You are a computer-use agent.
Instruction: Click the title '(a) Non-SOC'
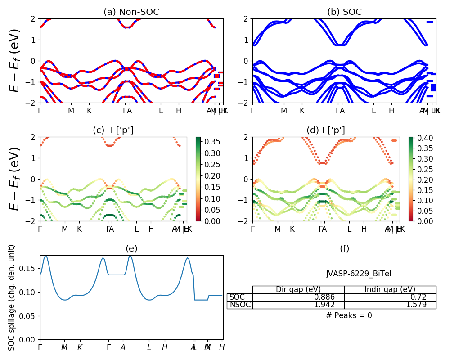(x=131, y=12)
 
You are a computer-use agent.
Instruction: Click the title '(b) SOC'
(x=344, y=12)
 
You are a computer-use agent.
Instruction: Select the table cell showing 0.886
(x=298, y=297)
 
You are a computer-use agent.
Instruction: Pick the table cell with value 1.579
(x=390, y=305)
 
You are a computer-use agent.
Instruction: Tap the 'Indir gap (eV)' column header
(x=390, y=289)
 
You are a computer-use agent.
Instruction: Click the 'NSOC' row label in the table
(x=240, y=305)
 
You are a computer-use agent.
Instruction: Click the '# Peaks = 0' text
(x=349, y=315)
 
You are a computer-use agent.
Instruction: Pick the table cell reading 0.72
(x=390, y=297)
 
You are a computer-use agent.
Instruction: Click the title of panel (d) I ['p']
(x=326, y=130)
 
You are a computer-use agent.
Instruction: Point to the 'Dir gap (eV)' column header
(x=298, y=289)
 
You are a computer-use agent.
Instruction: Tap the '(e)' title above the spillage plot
(x=131, y=249)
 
